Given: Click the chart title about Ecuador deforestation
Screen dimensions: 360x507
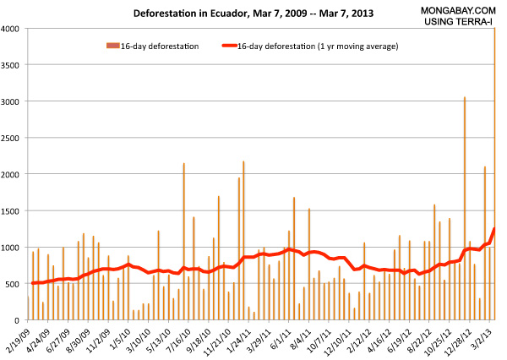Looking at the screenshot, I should [228, 14].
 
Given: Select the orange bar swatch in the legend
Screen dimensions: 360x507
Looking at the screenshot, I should [109, 46].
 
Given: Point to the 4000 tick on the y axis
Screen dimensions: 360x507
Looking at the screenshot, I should [14, 29].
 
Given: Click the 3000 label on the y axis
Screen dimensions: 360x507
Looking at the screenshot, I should [14, 101].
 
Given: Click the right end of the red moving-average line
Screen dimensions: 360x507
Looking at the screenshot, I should [494, 229].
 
